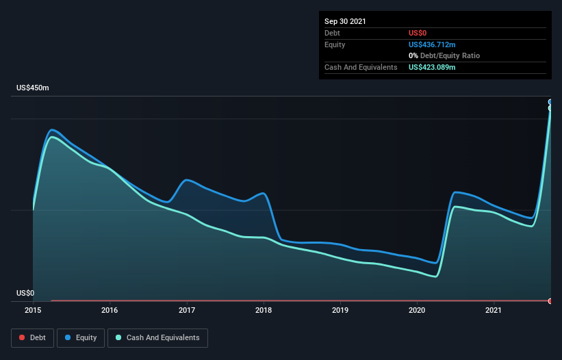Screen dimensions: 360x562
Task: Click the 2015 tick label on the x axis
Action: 33,310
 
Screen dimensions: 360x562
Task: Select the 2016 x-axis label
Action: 110,310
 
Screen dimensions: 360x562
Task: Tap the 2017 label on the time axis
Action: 187,310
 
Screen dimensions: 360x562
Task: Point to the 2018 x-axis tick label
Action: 264,310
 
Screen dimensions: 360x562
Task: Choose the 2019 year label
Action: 340,310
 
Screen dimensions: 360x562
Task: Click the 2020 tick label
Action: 417,310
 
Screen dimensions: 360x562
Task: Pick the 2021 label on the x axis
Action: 494,310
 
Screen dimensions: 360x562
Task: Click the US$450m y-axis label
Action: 33,88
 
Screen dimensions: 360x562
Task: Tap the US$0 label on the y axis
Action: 25,293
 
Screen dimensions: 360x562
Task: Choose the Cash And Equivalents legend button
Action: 157,337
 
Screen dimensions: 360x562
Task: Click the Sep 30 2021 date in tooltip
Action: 345,21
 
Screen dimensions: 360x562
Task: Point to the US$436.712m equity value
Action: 432,44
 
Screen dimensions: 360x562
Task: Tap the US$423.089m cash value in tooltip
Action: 432,67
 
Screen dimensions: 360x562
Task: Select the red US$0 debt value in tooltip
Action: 418,33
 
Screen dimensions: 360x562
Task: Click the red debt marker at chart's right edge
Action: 550,300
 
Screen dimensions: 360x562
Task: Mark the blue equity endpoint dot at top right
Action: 550,102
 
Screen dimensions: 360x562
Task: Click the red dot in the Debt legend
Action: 23,337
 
